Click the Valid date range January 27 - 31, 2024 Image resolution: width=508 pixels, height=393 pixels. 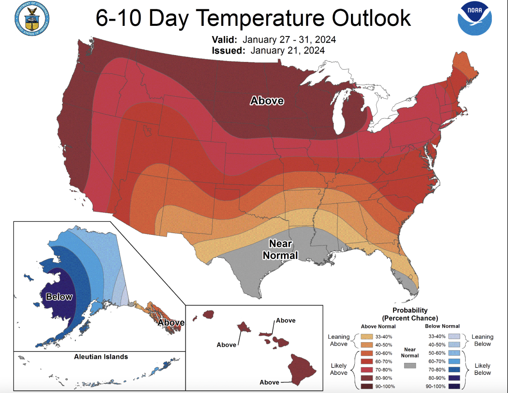click(x=289, y=40)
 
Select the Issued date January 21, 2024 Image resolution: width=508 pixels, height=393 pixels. click(x=287, y=50)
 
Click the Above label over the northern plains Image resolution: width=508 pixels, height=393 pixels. click(x=267, y=100)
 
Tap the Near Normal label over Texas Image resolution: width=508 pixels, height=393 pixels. click(x=280, y=249)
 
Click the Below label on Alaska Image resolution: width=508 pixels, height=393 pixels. click(x=59, y=297)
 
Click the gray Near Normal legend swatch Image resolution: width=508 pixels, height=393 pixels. click(x=410, y=365)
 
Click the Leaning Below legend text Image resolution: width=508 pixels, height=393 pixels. click(x=482, y=340)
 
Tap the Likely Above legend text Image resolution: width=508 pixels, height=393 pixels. click(x=338, y=369)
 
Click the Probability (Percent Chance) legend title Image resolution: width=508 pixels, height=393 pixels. click(x=410, y=314)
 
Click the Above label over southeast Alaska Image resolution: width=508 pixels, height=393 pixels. click(x=171, y=323)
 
